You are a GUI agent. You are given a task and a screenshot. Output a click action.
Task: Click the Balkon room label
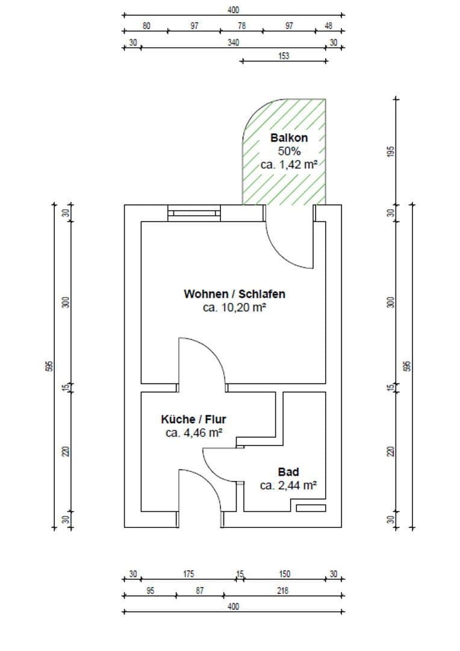289,138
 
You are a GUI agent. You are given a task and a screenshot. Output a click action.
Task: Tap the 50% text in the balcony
289,151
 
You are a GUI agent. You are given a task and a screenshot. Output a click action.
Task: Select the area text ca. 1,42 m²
289,164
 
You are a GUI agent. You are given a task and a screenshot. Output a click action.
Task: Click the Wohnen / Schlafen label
234,294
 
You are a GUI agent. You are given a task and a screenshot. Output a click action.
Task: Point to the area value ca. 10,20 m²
234,307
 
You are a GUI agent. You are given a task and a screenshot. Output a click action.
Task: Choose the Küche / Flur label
193,419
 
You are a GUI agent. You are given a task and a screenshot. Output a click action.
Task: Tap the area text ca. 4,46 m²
193,432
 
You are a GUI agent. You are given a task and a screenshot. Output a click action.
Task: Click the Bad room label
288,472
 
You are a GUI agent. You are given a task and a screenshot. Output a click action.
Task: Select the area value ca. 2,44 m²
288,485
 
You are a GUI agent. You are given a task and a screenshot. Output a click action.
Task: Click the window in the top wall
194,213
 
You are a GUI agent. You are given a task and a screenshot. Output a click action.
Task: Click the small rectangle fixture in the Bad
311,508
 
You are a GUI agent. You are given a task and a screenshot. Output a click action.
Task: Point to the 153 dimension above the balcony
284,56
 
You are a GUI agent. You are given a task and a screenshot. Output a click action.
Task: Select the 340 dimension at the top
232,43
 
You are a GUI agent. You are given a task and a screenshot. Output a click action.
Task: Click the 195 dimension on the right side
390,151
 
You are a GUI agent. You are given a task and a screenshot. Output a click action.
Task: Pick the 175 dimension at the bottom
188,574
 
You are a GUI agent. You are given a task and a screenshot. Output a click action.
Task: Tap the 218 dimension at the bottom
282,591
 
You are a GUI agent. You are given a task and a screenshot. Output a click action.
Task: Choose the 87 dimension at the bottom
199,591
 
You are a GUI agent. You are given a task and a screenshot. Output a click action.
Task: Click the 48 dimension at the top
328,26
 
